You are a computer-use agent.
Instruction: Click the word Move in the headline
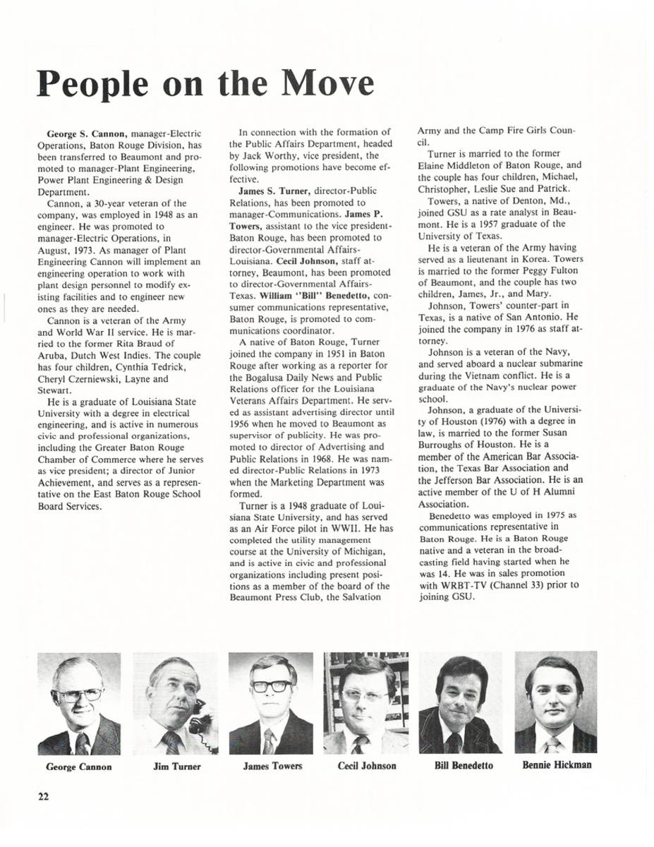(327, 84)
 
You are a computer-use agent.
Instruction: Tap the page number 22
(44, 796)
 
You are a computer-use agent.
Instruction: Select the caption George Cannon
(78, 767)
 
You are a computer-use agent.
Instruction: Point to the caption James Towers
(272, 767)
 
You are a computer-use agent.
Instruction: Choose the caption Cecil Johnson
(367, 767)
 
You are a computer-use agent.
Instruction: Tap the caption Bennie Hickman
(557, 765)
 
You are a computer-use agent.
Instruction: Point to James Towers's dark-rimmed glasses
(271, 686)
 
